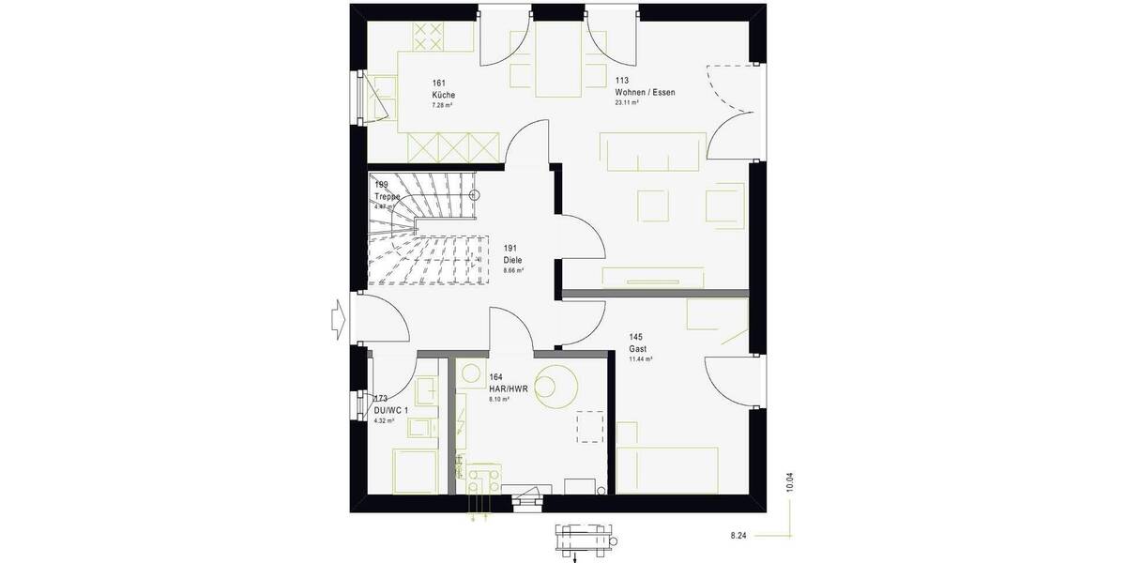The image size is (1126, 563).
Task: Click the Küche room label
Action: coord(444,96)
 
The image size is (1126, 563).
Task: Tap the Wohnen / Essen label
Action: coord(645,93)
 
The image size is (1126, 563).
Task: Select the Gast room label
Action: coord(638,348)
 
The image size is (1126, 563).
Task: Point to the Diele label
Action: coord(512,260)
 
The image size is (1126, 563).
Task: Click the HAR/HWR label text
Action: coord(509,388)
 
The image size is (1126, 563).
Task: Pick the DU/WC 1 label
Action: coord(389,410)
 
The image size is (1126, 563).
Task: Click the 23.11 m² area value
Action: coord(627,103)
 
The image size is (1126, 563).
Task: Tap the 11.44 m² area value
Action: coord(641,359)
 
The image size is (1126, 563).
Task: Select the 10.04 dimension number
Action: coord(790,482)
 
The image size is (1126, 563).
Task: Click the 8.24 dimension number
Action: coord(739,536)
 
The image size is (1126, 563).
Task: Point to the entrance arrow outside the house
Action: coord(338,318)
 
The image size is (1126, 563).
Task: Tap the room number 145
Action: coord(635,337)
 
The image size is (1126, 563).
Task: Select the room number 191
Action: coord(510,249)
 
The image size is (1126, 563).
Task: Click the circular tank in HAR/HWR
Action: coord(555,385)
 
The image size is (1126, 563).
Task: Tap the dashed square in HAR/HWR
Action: coord(589,426)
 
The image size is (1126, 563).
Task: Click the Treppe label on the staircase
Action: coord(388,196)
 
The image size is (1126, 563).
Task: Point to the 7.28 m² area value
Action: coord(442,106)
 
